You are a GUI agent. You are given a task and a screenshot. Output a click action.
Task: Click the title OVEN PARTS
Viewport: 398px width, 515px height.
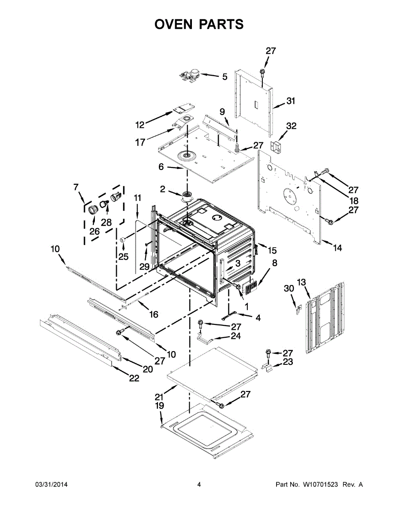click(199, 24)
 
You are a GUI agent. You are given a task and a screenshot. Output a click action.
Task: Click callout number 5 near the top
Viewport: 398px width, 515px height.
click(225, 77)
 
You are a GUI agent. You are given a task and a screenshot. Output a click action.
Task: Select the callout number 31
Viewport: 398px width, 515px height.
click(291, 102)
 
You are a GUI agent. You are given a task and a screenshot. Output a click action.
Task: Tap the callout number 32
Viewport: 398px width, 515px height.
click(291, 126)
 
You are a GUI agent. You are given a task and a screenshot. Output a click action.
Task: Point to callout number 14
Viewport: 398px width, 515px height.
click(337, 248)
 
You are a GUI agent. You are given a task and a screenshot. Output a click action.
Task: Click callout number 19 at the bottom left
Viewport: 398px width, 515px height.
click(160, 405)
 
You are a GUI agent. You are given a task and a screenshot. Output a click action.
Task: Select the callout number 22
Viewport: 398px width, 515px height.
click(134, 379)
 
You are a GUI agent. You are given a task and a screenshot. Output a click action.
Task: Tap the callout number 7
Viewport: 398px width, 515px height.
click(76, 187)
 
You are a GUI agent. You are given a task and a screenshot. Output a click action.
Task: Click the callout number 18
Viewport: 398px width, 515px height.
click(353, 201)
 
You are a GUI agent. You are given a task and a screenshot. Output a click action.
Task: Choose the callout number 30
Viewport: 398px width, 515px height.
click(289, 289)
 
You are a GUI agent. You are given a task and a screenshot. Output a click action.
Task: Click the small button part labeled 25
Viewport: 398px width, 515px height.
click(122, 240)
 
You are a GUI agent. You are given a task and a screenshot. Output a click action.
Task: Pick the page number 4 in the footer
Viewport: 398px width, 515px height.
click(199, 485)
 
